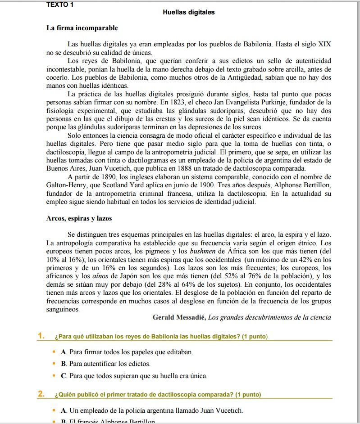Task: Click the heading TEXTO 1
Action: (x=60, y=5)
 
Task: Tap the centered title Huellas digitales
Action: (x=189, y=13)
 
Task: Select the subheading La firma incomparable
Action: (x=82, y=28)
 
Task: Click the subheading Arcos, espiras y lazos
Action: (x=79, y=218)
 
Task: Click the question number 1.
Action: (x=41, y=336)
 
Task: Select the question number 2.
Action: (x=41, y=395)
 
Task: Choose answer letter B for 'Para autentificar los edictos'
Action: (x=64, y=363)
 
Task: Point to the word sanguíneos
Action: (x=63, y=309)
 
